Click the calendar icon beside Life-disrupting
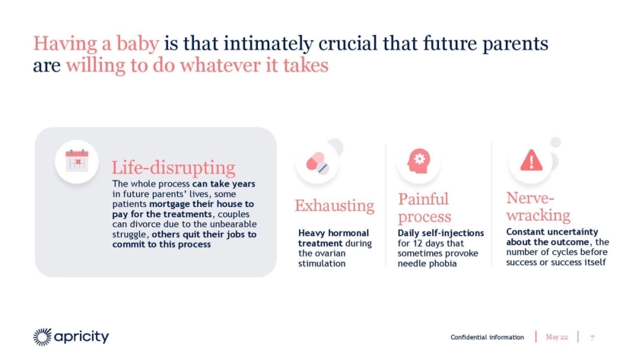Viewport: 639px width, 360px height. [77, 161]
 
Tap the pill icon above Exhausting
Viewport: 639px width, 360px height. [317, 163]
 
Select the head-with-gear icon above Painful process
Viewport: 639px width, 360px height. [419, 161]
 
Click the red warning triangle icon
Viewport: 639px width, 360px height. [532, 161]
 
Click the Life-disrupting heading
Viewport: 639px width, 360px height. [173, 167]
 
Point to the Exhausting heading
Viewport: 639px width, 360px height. [335, 205]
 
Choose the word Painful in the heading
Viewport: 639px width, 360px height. [424, 199]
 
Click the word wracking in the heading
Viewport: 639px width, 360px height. [539, 215]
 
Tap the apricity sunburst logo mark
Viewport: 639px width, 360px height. [43, 337]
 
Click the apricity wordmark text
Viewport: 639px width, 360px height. [81, 336]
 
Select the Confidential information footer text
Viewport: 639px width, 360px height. [487, 337]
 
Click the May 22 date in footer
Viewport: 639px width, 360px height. [557, 336]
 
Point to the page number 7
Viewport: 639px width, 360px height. [592, 337]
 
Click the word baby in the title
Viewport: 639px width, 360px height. [138, 43]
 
